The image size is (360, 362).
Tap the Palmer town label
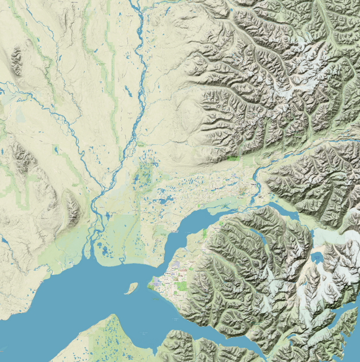pyautogui.click(x=242, y=193)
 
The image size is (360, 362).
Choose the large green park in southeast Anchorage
pyautogui.click(x=181, y=285)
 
